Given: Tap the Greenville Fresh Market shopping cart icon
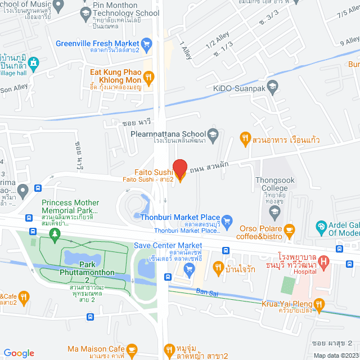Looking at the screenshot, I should [147, 43].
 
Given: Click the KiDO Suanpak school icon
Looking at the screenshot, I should [272, 86].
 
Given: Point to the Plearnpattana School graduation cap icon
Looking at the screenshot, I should [213, 134].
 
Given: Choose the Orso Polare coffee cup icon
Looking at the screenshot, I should [289, 229].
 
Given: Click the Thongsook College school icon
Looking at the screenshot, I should [274, 212].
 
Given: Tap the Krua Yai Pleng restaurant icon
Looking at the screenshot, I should [319, 305].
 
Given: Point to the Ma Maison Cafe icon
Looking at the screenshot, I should [132, 349].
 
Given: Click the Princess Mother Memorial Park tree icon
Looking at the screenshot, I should [55, 235].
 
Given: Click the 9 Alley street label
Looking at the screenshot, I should [349, 40].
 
